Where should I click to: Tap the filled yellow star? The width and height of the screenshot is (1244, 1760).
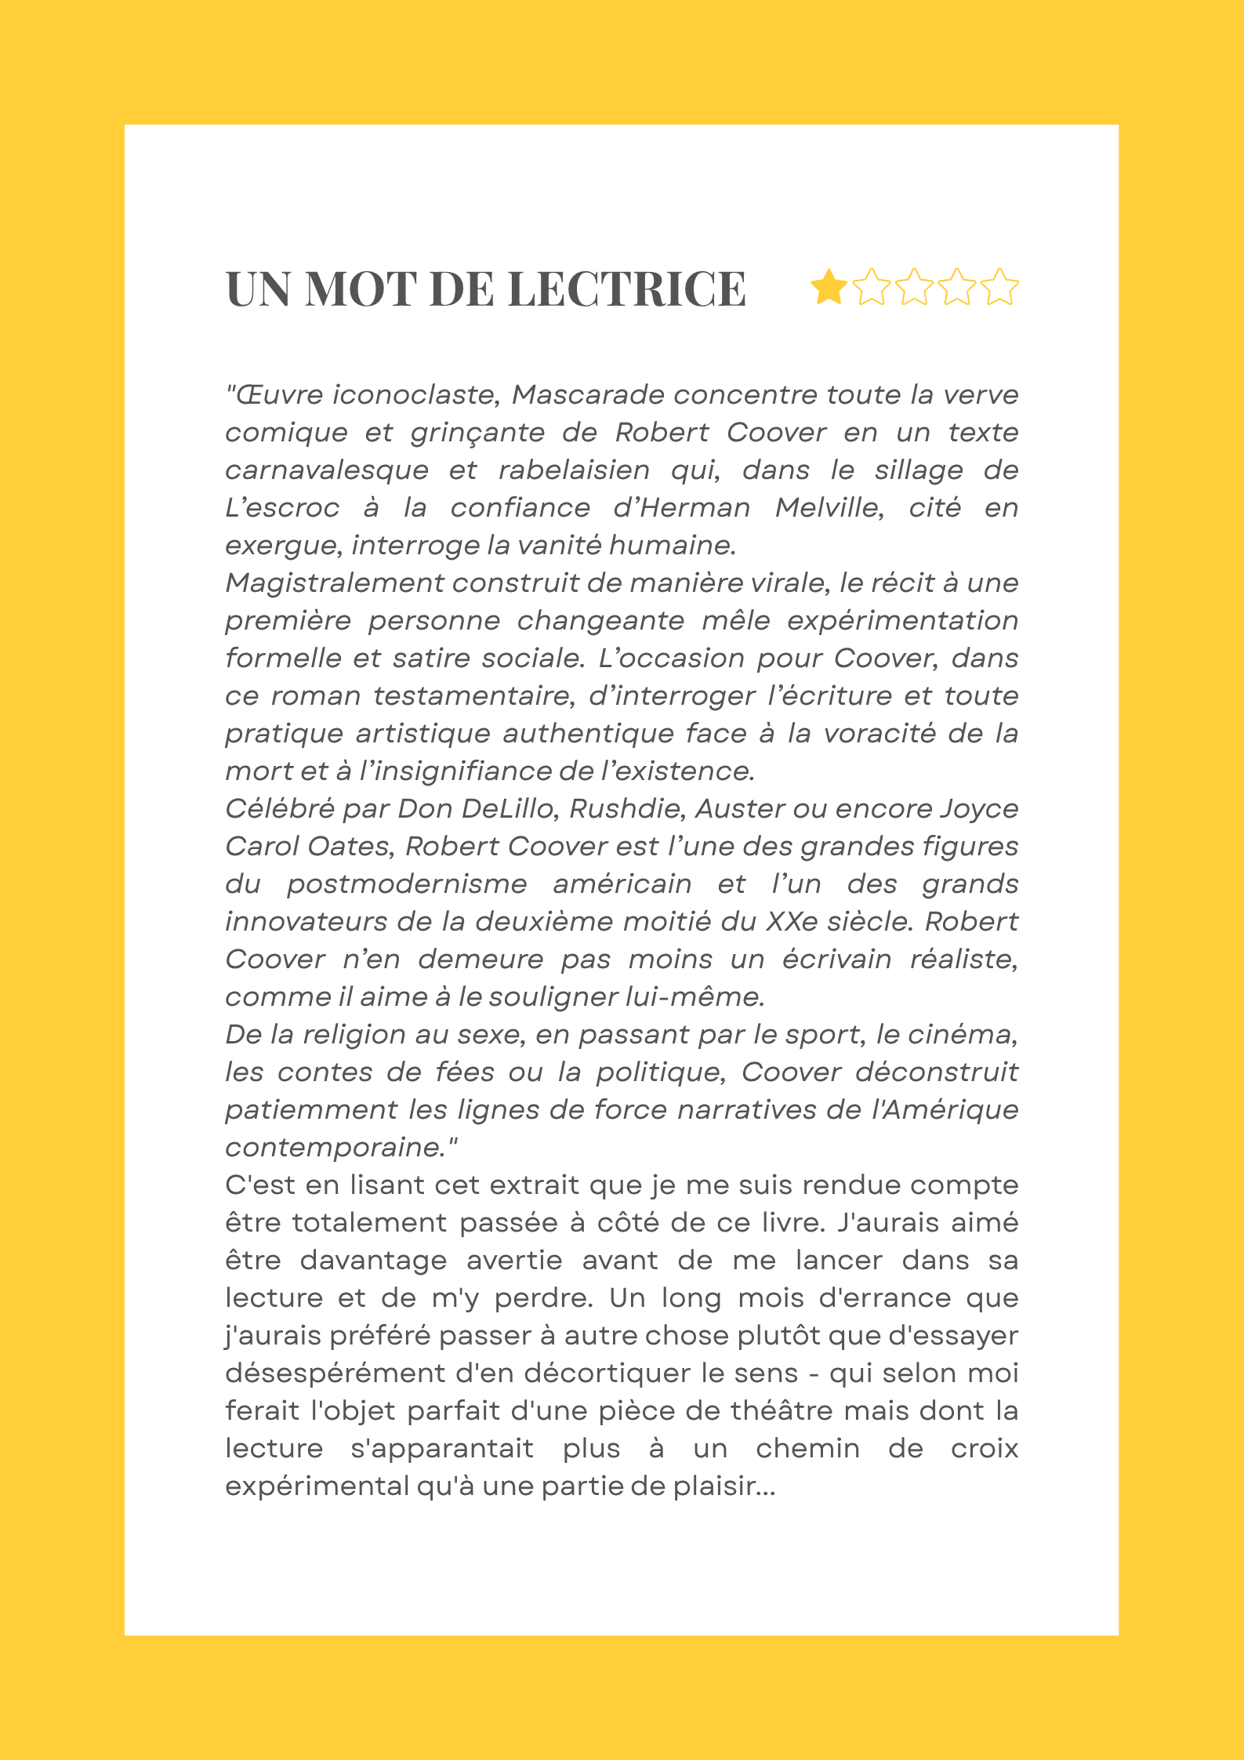coord(828,287)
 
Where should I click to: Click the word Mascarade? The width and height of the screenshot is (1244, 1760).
coord(588,394)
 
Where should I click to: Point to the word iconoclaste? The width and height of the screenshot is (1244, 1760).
coord(415,394)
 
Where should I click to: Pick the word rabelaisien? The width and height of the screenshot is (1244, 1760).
coord(574,470)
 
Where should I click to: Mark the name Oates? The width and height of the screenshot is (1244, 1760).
coord(348,846)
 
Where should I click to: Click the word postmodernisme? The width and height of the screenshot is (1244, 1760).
coord(407,884)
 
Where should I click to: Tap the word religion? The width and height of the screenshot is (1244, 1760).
coord(355,1034)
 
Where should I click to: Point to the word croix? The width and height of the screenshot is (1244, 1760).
coord(984,1448)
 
